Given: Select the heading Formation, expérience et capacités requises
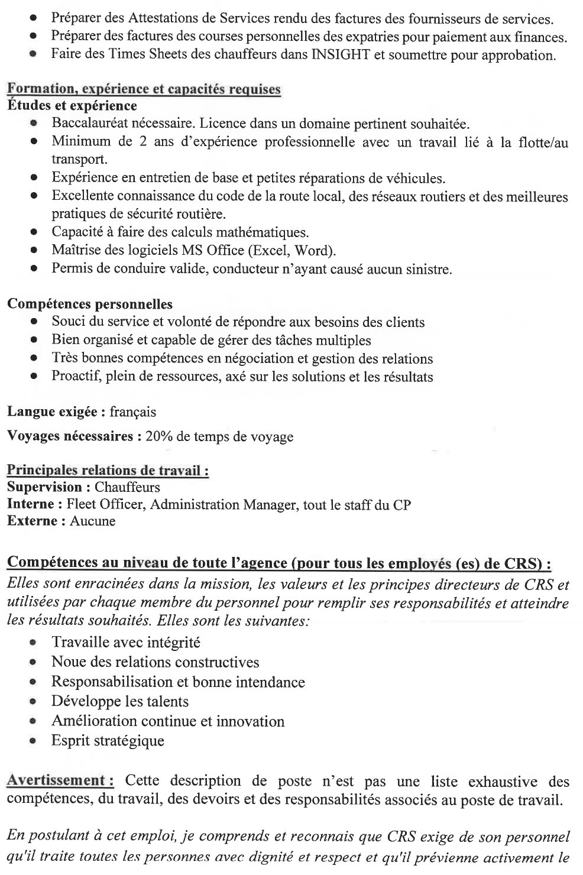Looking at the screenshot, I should point(144,90).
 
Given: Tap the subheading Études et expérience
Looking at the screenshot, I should point(72,106).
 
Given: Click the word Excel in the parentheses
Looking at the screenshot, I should point(268,251).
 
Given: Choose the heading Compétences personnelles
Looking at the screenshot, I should point(90,304).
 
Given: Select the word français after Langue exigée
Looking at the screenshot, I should point(132,411).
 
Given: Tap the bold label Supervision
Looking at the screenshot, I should point(45,487).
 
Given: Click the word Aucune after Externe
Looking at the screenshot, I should point(93,521).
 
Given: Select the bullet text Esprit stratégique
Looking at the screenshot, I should point(108,741).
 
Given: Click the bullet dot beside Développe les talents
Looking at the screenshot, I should point(35,702).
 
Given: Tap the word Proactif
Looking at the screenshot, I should point(75,377).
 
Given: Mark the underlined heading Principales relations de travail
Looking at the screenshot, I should point(108,471).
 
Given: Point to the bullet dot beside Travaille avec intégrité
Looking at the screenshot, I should point(35,643).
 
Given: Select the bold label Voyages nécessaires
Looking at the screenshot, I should point(70,437).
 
